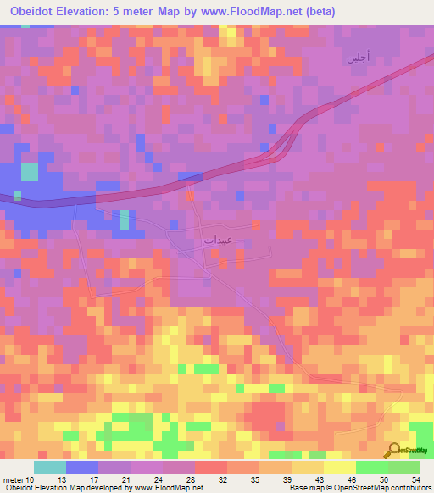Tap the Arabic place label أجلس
356,58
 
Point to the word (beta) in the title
316,12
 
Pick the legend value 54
415,479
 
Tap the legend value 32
222,479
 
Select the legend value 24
158,479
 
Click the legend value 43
319,479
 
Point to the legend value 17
94,479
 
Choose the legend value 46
351,479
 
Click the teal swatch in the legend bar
50,467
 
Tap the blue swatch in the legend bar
82,467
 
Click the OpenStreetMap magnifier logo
394,450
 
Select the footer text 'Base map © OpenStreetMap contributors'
358,489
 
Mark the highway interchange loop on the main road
284,146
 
